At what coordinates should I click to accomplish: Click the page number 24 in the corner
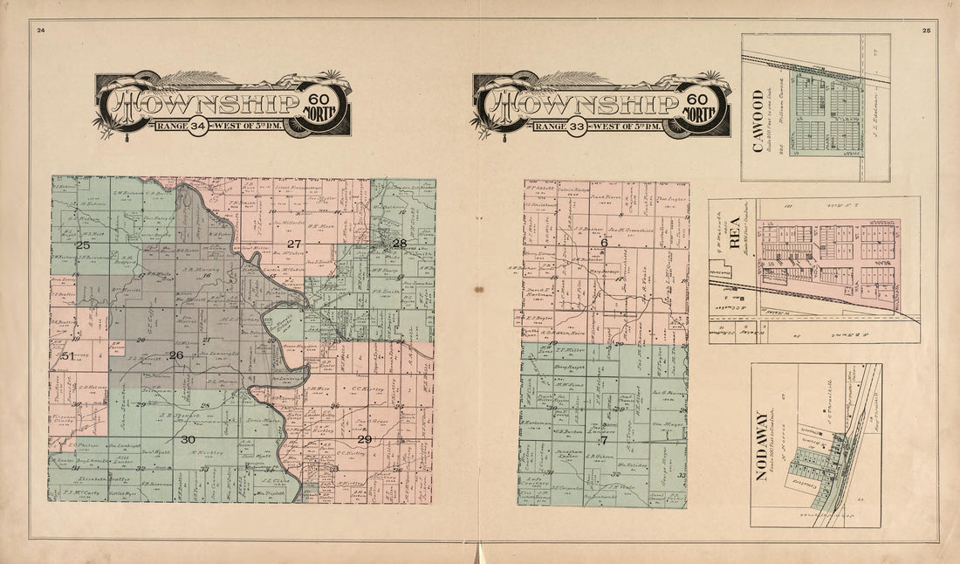click(40, 31)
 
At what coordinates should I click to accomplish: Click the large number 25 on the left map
click(83, 245)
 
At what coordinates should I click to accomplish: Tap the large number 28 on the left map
click(399, 243)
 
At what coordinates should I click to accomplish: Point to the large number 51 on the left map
click(67, 355)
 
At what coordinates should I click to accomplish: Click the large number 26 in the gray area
click(176, 355)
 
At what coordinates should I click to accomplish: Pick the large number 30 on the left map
click(188, 439)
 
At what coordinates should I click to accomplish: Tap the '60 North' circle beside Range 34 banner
click(324, 104)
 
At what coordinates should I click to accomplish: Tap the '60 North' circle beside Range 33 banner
click(703, 104)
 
